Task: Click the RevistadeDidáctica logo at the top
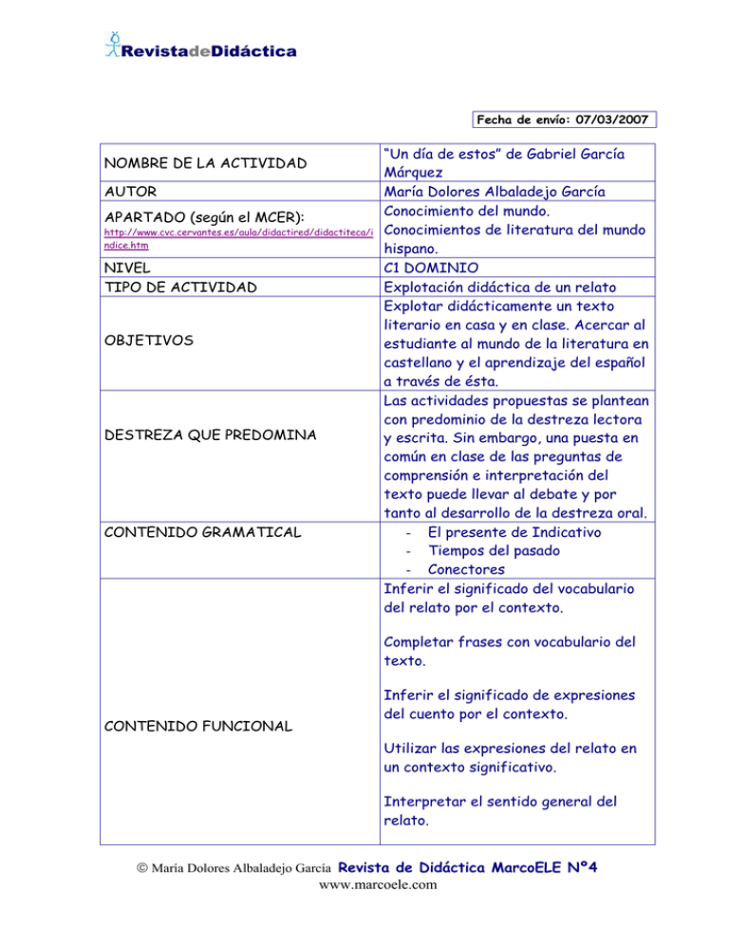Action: pyautogui.click(x=199, y=47)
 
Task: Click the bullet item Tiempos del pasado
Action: pyautogui.click(x=494, y=551)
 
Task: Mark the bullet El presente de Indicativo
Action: pyautogui.click(x=514, y=532)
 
